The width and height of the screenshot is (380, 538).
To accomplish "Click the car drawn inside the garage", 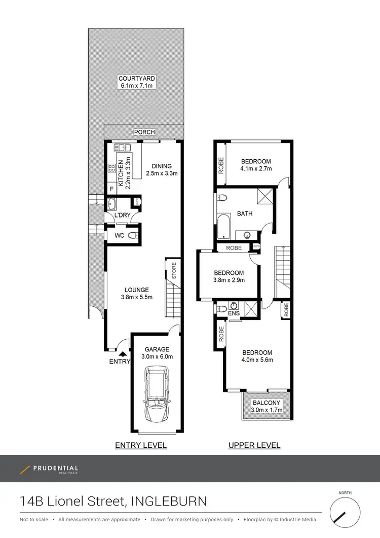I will (157, 395).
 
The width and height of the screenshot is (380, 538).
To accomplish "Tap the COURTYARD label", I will (136, 79).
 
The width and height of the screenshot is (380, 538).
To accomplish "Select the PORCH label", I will (144, 132).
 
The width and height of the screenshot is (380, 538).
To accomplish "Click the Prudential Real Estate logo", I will (49, 470).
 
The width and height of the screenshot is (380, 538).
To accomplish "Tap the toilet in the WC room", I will (132, 235).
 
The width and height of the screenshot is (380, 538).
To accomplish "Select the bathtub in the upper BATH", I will (222, 227).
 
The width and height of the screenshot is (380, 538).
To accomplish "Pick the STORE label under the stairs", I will (174, 270).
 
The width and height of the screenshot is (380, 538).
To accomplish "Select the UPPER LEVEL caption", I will (254, 445).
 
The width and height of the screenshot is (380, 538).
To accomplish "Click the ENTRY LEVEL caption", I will (141, 445).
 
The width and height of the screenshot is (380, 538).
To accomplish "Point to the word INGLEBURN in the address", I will (169, 501).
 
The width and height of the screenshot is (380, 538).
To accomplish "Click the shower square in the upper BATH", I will (264, 195).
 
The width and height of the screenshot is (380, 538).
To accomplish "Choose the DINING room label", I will (161, 166).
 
